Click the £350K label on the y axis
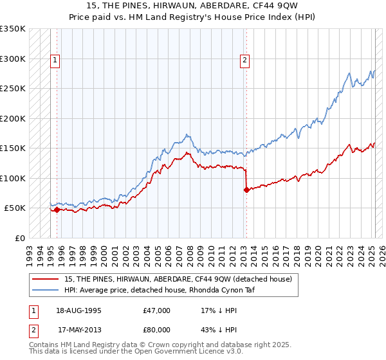(12, 29)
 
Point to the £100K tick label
(12, 178)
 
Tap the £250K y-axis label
(12, 89)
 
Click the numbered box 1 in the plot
(56, 61)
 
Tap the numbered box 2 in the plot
(245, 61)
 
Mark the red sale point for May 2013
(246, 190)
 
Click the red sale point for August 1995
(57, 210)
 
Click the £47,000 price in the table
(156, 310)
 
